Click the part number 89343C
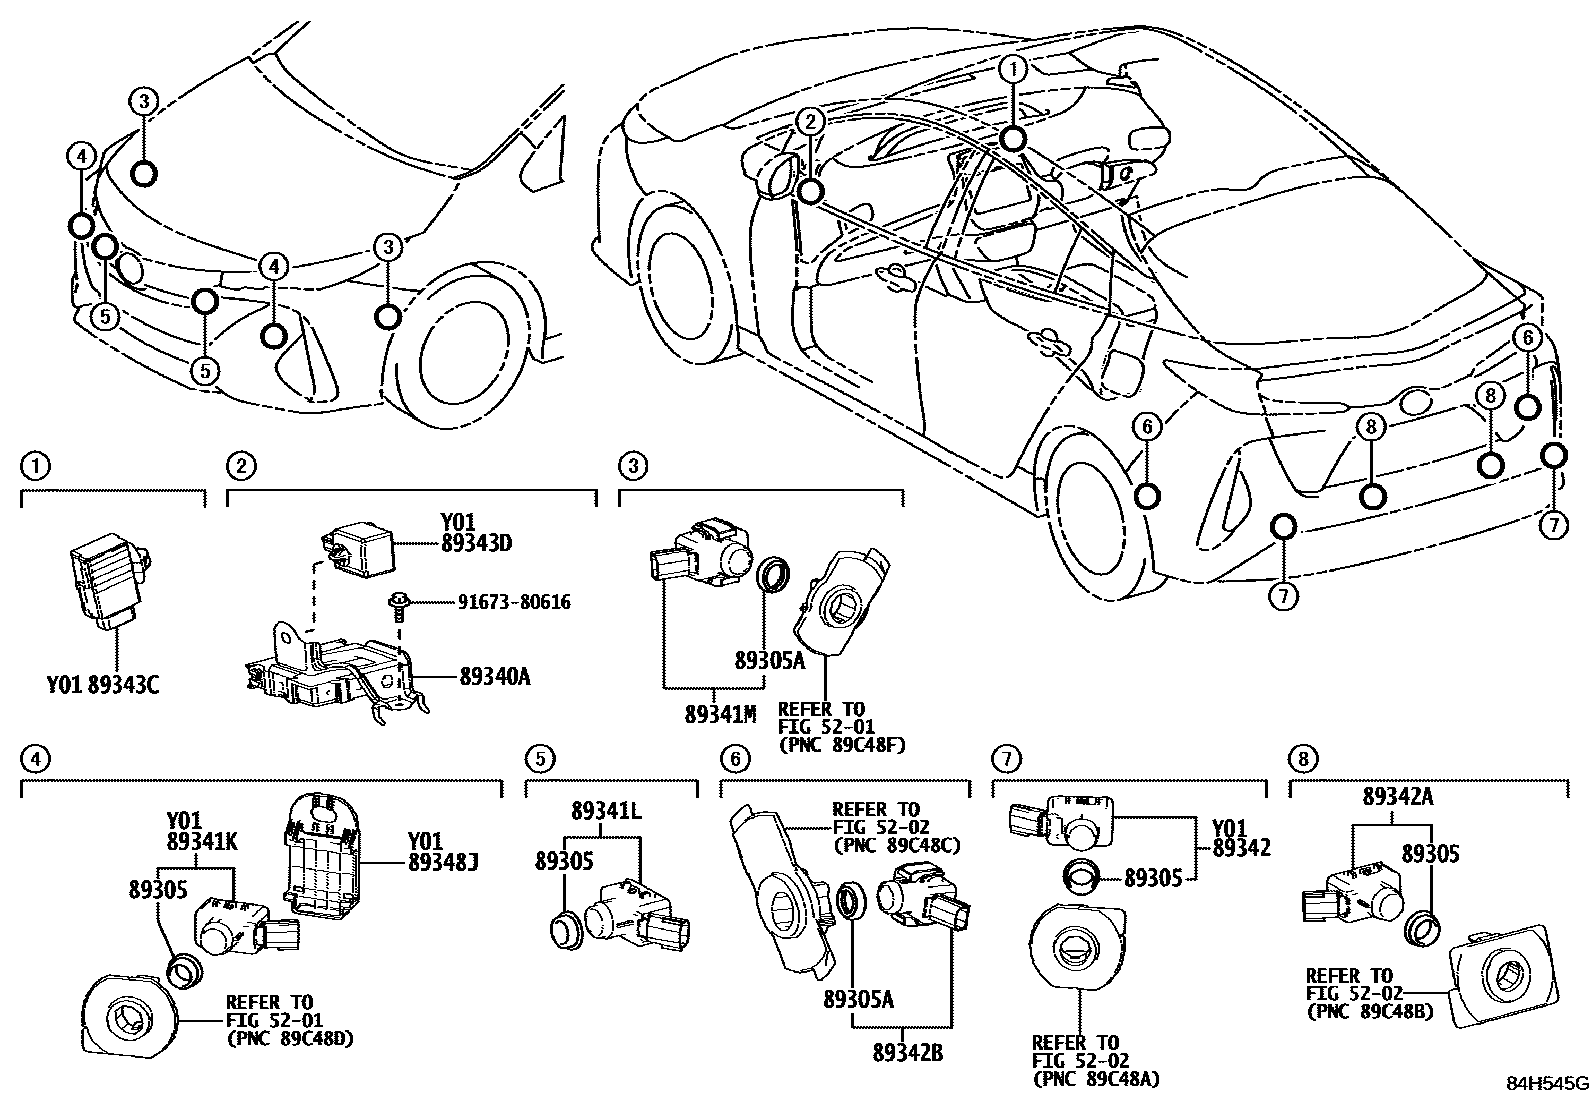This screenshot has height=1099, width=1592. [x=123, y=685]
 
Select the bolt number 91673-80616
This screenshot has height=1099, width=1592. [x=514, y=603]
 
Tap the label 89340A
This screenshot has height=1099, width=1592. [x=494, y=677]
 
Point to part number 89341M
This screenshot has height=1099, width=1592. [x=720, y=714]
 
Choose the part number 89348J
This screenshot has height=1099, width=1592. [x=442, y=860]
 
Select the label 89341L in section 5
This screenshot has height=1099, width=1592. [x=607, y=811]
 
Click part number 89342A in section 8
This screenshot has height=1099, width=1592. [x=1397, y=796]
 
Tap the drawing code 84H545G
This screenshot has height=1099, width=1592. [x=1548, y=1084]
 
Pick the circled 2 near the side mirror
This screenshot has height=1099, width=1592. [x=810, y=121]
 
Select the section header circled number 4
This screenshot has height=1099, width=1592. [x=35, y=759]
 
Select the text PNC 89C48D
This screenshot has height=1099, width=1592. [x=290, y=1038]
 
